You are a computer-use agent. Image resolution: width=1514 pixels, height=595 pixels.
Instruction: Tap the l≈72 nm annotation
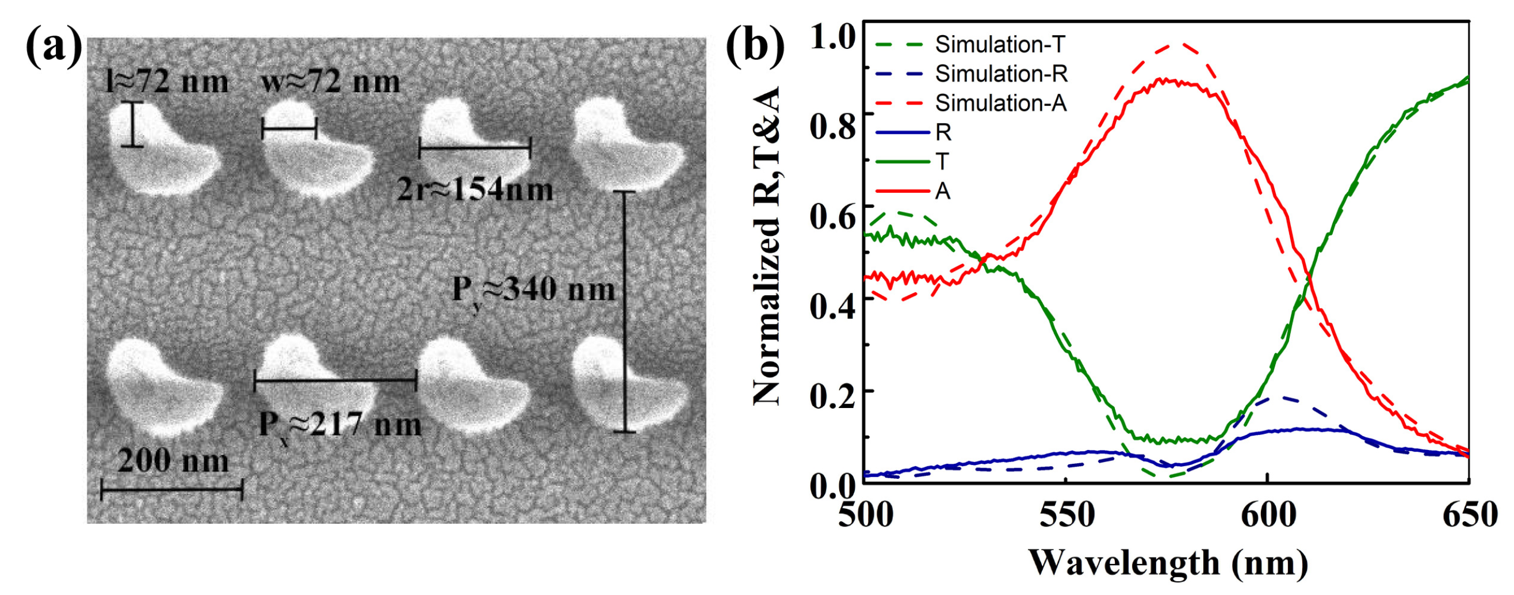pos(167,82)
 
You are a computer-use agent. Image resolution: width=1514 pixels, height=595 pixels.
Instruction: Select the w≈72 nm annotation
pos(330,82)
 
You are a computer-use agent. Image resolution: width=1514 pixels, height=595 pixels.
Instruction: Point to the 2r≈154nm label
pos(475,190)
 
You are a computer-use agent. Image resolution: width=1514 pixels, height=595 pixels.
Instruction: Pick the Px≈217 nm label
pos(340,425)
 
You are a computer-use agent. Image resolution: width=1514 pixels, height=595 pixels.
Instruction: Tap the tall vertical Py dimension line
pos(624,312)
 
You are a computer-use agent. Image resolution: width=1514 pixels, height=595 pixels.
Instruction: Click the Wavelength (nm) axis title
pos(1168,563)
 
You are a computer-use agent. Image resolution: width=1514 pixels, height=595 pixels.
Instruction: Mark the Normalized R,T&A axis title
pos(767,247)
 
